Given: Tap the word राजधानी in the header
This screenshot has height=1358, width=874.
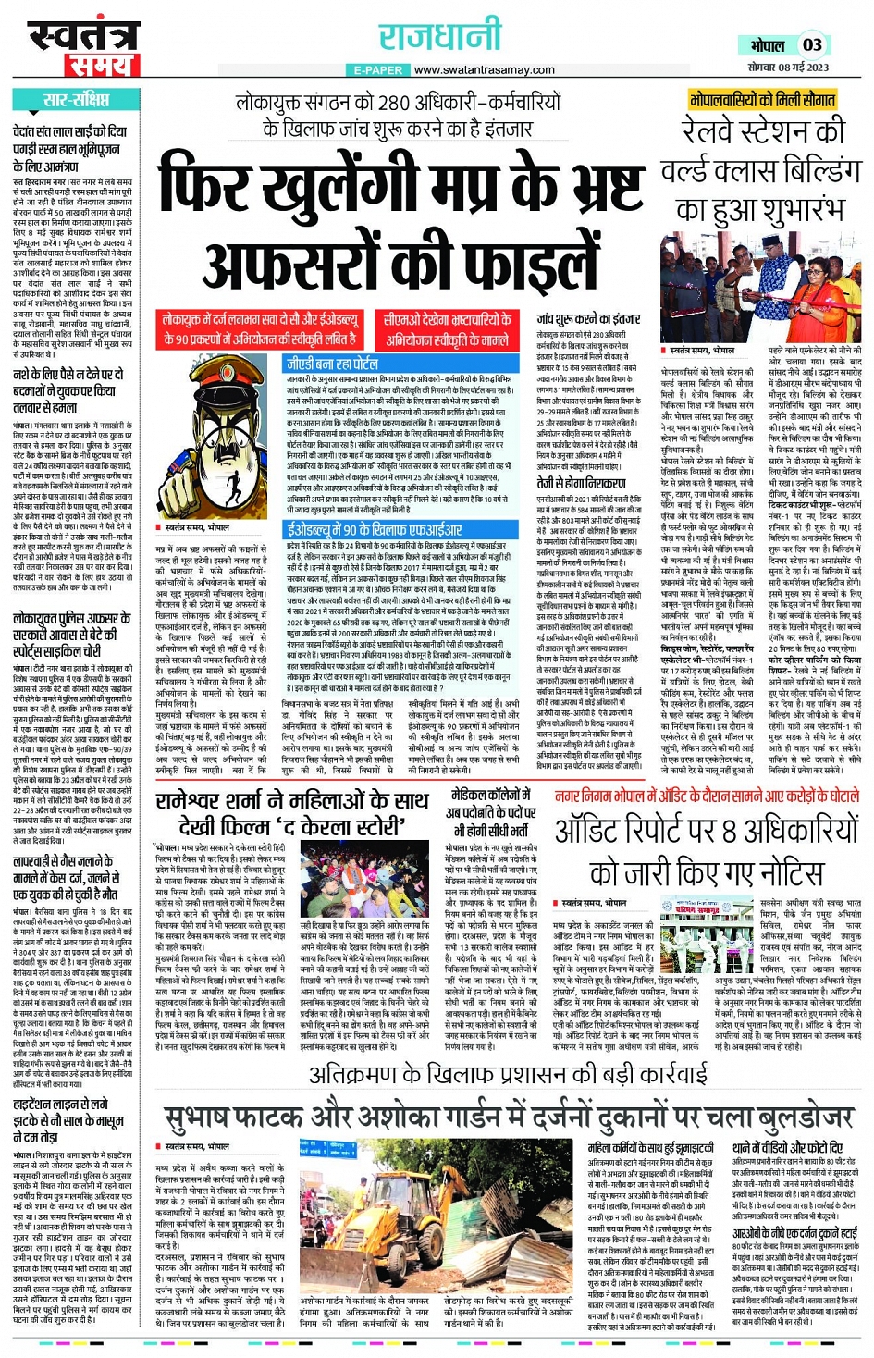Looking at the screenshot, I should click(439, 38).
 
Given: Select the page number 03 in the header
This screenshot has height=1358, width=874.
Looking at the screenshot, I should click(812, 45).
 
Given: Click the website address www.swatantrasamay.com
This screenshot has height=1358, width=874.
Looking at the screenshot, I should click(485, 70).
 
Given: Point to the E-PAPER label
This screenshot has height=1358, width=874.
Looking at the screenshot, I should click(379, 70).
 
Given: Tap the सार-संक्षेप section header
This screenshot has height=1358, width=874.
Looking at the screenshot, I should click(75, 100).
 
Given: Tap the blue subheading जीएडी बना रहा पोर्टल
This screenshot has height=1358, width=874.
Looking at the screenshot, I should click(333, 364).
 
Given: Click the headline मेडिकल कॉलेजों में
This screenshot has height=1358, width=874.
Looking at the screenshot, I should click(489, 797).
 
